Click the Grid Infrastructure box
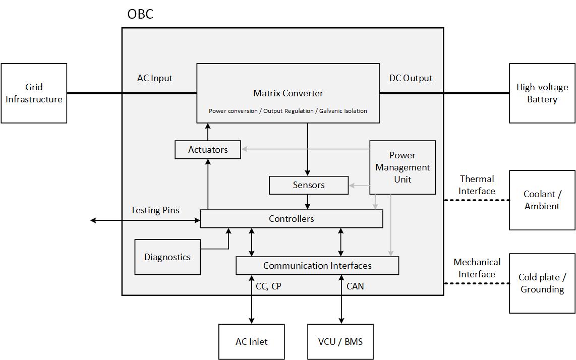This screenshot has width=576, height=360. pyautogui.click(x=34, y=93)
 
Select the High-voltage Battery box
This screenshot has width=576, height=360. pyautogui.click(x=542, y=93)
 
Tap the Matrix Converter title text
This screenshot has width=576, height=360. pyautogui.click(x=288, y=93)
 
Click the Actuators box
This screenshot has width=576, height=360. pyautogui.click(x=208, y=150)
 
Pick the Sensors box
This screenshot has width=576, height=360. pyautogui.click(x=309, y=185)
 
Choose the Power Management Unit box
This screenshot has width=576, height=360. pyautogui.click(x=402, y=167)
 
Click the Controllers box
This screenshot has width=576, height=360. pyautogui.click(x=292, y=219)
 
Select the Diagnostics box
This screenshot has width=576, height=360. pyautogui.click(x=167, y=257)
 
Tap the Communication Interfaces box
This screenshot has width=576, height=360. pyautogui.click(x=317, y=266)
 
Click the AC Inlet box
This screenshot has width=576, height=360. pyautogui.click(x=251, y=342)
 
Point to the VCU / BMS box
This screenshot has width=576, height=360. pyautogui.click(x=340, y=342)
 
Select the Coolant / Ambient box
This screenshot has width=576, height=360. pyautogui.click(x=542, y=200)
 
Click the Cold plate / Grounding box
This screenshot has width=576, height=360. pyautogui.click(x=542, y=283)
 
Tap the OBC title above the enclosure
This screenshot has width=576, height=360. pyautogui.click(x=140, y=14)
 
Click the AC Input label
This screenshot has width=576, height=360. pyautogui.click(x=155, y=78)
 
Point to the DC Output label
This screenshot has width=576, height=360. pyautogui.click(x=411, y=78)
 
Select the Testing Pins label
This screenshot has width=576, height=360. pyautogui.click(x=155, y=210)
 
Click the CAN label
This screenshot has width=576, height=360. pyautogui.click(x=355, y=286)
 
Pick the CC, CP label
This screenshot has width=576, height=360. pyautogui.click(x=268, y=286)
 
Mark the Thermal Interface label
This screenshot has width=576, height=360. pyautogui.click(x=477, y=185)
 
